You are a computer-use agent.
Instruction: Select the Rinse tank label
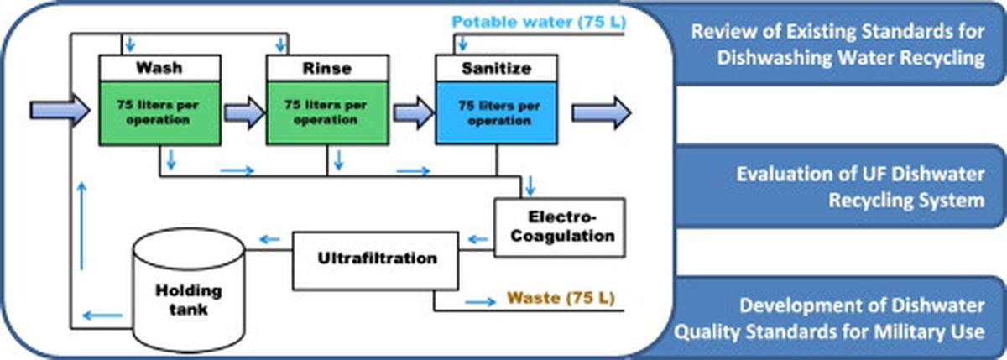pyautogui.click(x=326, y=68)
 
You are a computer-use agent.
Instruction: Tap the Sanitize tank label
pyautogui.click(x=495, y=68)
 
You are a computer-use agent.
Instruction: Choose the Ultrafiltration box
pyautogui.click(x=378, y=258)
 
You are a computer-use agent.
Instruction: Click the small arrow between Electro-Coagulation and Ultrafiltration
pyautogui.click(x=478, y=240)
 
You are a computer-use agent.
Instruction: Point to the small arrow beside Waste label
pyautogui.click(x=480, y=299)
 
